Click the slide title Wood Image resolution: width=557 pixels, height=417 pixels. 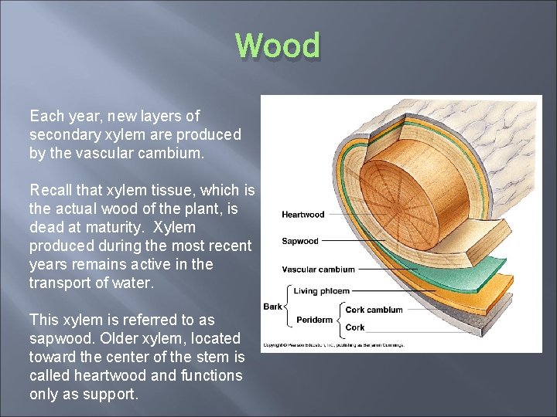coord(278,46)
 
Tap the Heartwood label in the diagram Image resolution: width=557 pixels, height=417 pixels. coord(302,215)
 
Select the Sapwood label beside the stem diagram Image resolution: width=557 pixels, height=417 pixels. coord(299,241)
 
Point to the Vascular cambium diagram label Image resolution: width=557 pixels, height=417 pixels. coord(318,270)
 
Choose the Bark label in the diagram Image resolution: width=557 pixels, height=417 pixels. coord(272,307)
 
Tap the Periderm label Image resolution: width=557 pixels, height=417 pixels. coord(315,320)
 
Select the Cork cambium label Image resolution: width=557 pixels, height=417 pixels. coord(374,310)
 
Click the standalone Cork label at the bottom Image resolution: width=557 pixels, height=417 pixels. coord(355,327)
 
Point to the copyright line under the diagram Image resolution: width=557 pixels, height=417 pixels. coord(333,344)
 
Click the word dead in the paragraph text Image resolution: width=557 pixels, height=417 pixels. coord(46,228)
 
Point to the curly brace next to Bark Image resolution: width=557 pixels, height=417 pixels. coord(289,307)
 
